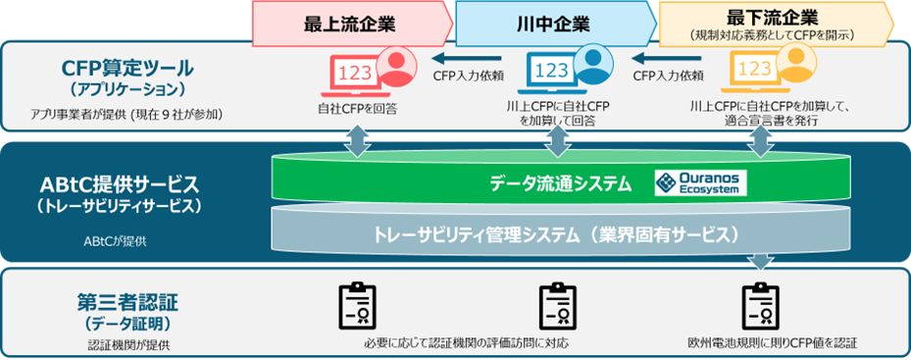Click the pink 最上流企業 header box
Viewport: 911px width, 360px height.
pos(348,23)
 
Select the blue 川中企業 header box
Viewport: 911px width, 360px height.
pos(549,23)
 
